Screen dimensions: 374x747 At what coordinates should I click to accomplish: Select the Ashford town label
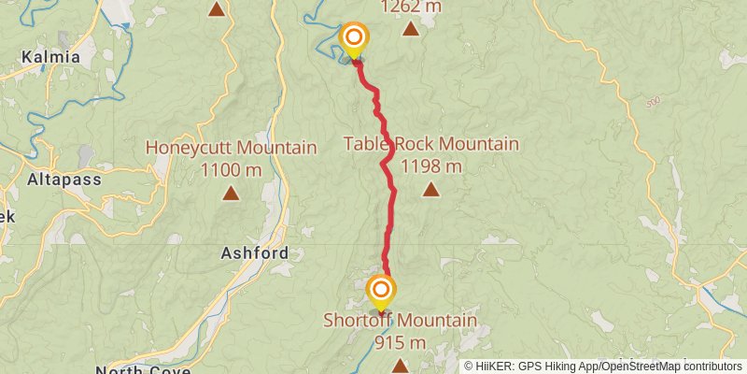[255, 252]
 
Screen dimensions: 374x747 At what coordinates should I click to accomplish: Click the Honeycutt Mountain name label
[231, 148]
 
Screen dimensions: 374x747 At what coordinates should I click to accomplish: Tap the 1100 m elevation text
[231, 170]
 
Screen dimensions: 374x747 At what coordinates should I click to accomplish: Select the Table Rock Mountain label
[430, 144]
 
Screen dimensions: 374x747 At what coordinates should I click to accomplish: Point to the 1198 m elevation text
[430, 166]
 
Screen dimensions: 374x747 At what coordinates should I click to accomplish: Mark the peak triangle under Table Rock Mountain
[430, 190]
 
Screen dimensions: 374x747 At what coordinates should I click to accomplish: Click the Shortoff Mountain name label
[400, 321]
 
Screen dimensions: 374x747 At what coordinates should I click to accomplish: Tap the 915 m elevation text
[400, 343]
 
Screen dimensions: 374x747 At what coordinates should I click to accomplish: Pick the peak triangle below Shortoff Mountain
[400, 365]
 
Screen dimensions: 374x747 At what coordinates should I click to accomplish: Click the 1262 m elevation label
[411, 7]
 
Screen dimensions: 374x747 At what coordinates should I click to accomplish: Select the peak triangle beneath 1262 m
[411, 28]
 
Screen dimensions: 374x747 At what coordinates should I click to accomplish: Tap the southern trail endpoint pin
[380, 292]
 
